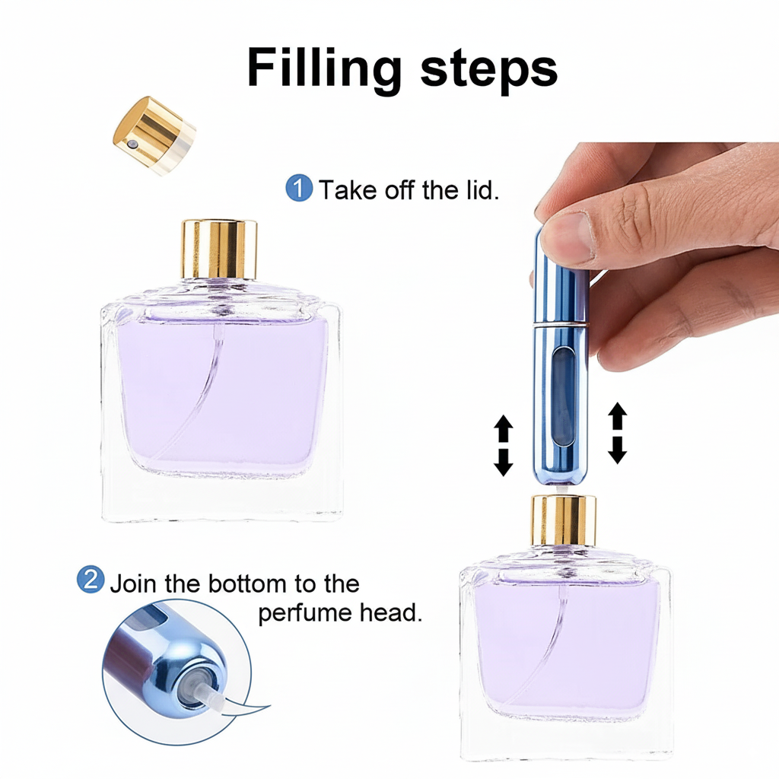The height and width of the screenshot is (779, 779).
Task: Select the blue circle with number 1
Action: pos(298,188)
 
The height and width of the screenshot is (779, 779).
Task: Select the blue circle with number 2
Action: pos(91,580)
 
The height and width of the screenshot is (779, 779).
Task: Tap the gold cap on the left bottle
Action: pos(218,249)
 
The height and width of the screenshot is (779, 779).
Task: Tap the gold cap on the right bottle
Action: pos(563,519)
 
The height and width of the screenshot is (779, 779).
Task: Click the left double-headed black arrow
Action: pos(504,446)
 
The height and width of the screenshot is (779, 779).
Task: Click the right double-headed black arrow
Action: pos(618,434)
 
